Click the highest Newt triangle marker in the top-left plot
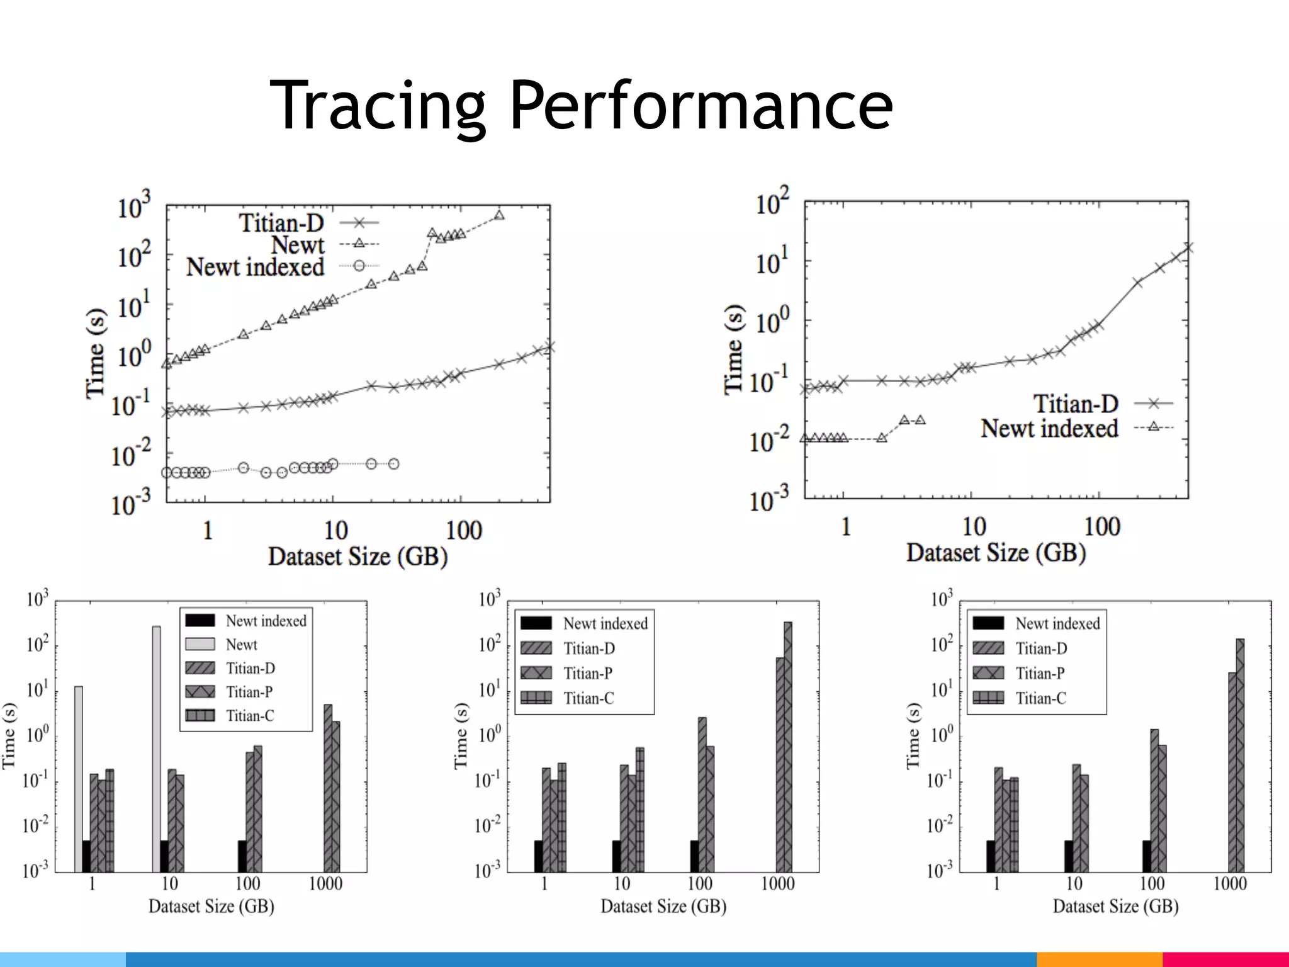499,215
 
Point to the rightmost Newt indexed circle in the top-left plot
394,464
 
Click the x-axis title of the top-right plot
996,553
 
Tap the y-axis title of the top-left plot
96,353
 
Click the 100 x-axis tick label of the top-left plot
463,531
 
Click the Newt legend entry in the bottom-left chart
241,645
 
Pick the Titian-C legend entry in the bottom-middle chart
588,698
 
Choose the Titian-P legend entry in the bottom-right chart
1040,673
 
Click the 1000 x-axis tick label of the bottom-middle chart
778,884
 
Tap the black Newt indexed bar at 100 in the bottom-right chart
1146,856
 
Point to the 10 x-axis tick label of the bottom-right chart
1074,884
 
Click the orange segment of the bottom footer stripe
1099,959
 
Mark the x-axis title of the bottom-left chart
211,907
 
